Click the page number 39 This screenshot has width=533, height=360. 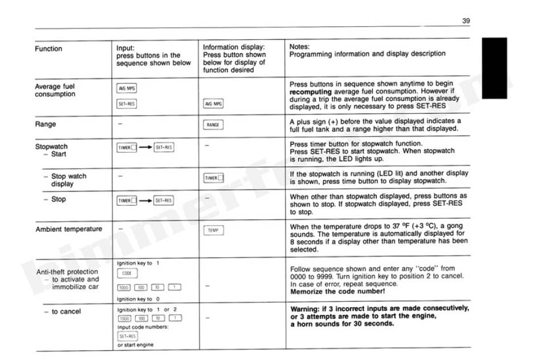tap(466, 21)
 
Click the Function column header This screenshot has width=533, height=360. tap(48, 49)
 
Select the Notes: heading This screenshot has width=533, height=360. tap(300, 46)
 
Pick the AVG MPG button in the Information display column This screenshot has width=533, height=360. tap(214, 104)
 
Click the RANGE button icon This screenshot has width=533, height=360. tap(214, 125)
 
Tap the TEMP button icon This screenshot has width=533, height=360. tap(214, 230)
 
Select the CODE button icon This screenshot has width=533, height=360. tap(127, 273)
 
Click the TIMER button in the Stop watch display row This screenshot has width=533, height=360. tap(214, 178)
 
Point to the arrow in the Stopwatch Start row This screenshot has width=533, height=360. tap(145, 148)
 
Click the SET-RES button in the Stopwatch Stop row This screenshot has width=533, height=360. tap(164, 201)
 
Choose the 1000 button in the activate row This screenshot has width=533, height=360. tap(124, 287)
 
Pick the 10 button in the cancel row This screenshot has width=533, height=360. tap(158, 318)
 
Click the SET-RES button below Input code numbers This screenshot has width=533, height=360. tap(127, 336)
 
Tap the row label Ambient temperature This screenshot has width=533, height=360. tap(69, 229)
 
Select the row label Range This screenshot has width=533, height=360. tap(46, 124)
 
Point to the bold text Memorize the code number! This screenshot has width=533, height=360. tap(337, 292)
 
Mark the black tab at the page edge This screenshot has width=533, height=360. tap(494, 68)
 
